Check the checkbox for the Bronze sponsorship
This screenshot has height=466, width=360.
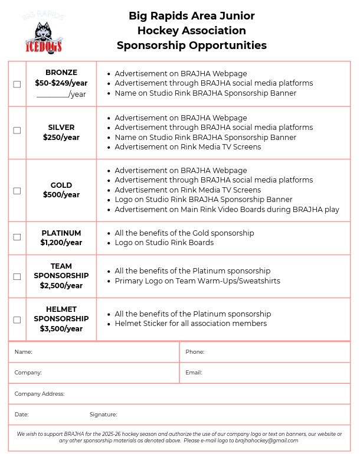17,84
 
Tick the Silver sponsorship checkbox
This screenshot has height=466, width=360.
17,131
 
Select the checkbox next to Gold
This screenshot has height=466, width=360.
17,191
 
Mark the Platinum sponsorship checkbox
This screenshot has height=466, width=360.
17,237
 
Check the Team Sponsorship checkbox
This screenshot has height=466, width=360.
17,276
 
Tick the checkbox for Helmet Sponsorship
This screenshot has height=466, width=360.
17,320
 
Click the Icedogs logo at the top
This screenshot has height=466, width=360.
44,34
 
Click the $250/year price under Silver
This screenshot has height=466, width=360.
61,138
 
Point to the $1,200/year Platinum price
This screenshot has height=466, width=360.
61,243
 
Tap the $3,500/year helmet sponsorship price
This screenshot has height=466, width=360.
61,329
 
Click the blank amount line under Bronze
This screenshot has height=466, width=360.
53,94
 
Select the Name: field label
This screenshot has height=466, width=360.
24,352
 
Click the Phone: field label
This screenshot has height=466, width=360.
195,352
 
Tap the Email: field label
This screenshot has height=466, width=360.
194,373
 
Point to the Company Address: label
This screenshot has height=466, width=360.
40,394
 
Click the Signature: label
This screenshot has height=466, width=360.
103,415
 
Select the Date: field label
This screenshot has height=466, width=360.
22,415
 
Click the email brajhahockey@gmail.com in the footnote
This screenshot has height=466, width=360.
267,441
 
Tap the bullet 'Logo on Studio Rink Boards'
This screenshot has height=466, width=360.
164,243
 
